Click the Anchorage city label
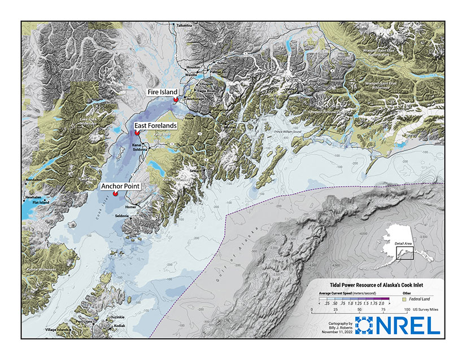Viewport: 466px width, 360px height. [x=195, y=99]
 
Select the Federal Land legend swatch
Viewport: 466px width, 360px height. [x=404, y=301]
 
